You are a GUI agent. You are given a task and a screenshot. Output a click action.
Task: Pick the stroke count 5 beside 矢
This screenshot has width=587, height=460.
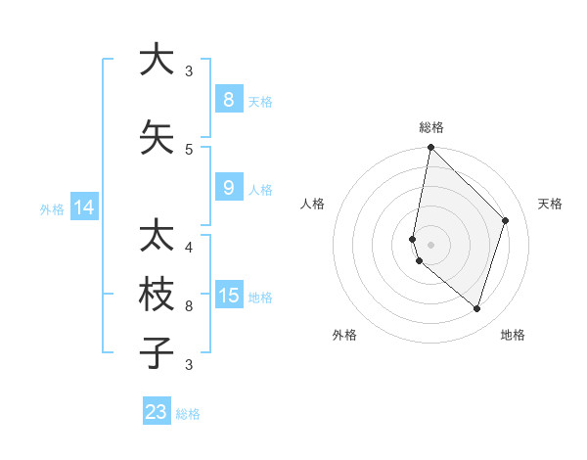pyautogui.click(x=189, y=149)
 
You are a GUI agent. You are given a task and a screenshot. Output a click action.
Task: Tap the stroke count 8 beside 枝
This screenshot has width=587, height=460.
pyautogui.click(x=189, y=306)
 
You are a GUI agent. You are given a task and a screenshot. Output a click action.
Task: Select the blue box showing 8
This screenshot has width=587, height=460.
pyautogui.click(x=228, y=99)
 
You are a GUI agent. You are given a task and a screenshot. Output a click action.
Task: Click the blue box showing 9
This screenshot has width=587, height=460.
pyautogui.click(x=228, y=188)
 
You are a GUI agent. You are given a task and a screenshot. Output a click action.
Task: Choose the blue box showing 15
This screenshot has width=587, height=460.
pyautogui.click(x=228, y=296)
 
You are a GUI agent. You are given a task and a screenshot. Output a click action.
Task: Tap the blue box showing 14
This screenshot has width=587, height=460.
pyautogui.click(x=84, y=207)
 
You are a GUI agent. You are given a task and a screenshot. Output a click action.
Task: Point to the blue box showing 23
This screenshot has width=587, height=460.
pyautogui.click(x=157, y=412)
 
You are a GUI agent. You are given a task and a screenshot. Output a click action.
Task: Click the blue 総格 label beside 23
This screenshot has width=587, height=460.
pyautogui.click(x=189, y=414)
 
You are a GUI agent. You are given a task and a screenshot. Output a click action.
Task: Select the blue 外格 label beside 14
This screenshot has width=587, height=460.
pyautogui.click(x=52, y=208)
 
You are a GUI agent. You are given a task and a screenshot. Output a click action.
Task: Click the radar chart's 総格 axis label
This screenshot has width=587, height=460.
pyautogui.click(x=431, y=127)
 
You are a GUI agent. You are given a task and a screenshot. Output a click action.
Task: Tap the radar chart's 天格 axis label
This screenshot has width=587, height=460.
pyautogui.click(x=551, y=204)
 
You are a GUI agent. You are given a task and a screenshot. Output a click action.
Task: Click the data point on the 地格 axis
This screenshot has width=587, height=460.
pyautogui.click(x=476, y=309)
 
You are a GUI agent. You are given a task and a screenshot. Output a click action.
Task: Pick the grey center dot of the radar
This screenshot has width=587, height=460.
pyautogui.click(x=431, y=244)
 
